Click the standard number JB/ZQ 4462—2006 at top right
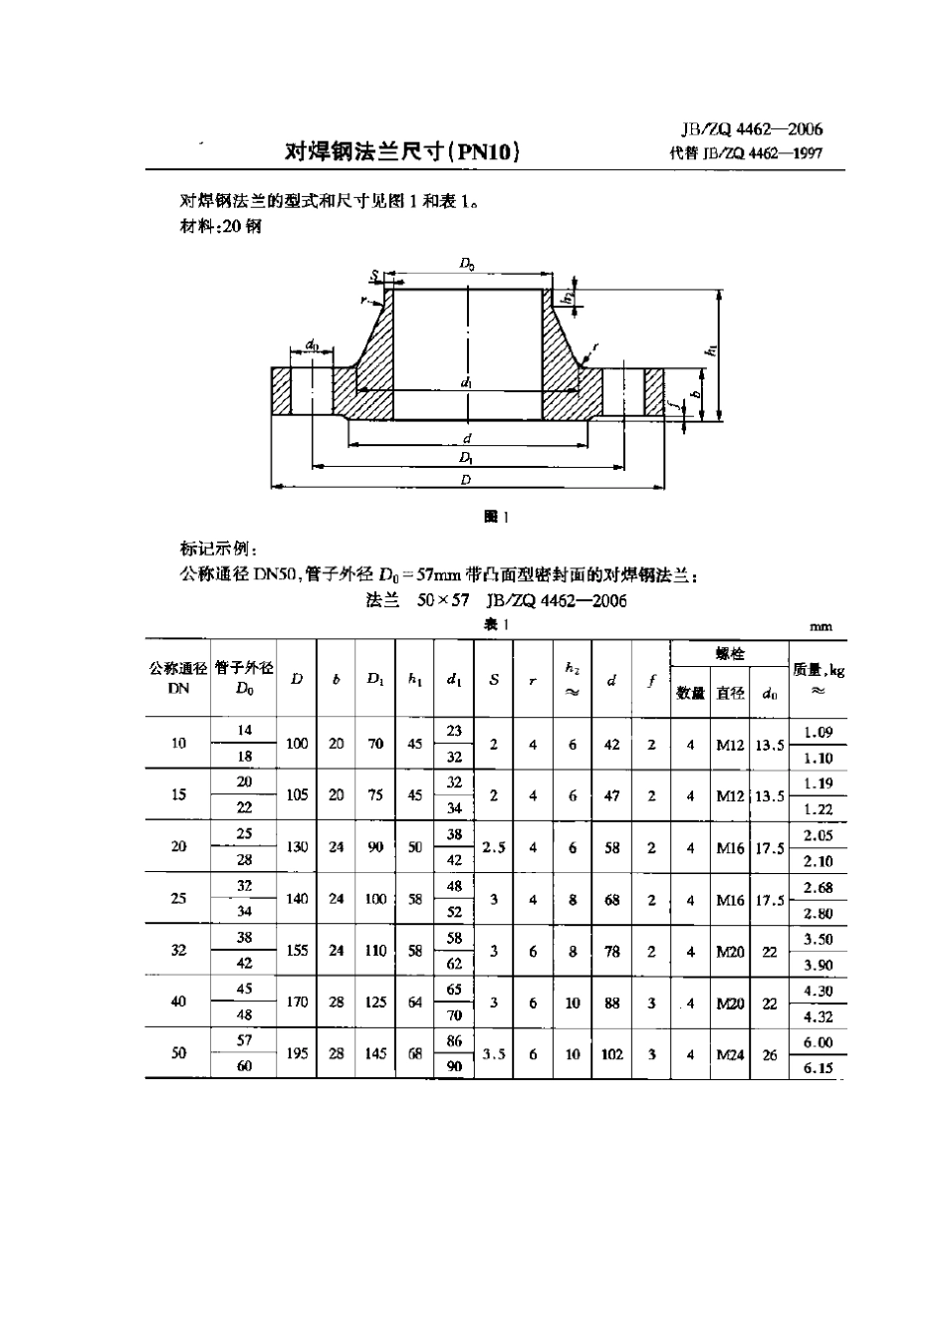(752, 129)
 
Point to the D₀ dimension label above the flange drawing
(467, 263)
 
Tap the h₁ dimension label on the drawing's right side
(710, 349)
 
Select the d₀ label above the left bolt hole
(313, 345)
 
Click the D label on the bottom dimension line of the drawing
(466, 480)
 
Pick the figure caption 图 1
(495, 516)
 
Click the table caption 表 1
(496, 624)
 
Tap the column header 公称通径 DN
(178, 678)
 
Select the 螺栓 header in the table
(730, 653)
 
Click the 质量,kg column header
(818, 678)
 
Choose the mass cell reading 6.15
(818, 1066)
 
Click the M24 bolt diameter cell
(730, 1053)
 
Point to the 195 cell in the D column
(297, 1053)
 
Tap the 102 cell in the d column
(611, 1053)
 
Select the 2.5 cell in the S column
(494, 847)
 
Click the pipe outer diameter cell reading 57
(245, 1040)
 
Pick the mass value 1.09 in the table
(818, 732)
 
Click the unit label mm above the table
(821, 627)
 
